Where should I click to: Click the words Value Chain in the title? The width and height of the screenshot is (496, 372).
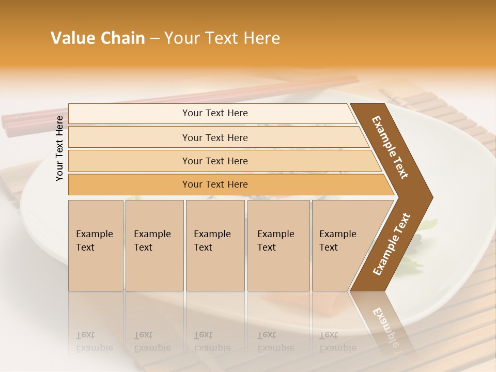click(x=98, y=38)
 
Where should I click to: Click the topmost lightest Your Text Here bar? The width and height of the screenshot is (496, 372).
click(x=214, y=113)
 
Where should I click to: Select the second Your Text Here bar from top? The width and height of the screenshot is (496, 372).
click(x=214, y=137)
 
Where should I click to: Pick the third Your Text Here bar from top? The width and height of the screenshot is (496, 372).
click(x=214, y=161)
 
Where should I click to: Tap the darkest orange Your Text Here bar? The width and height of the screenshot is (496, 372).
click(x=214, y=184)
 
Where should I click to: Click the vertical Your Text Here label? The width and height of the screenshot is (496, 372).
click(x=59, y=148)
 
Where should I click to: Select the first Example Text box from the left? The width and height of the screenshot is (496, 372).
click(x=96, y=245)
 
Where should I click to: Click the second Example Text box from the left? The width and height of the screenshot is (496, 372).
click(x=154, y=245)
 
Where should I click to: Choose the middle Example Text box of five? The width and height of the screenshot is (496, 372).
click(x=215, y=245)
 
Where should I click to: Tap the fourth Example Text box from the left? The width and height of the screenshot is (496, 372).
click(x=278, y=245)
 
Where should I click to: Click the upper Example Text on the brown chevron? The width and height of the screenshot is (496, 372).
click(x=391, y=147)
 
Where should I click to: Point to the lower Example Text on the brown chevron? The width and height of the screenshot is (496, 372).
click(x=392, y=244)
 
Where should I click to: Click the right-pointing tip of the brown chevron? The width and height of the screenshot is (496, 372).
click(x=430, y=197)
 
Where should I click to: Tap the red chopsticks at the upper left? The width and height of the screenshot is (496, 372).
click(x=31, y=121)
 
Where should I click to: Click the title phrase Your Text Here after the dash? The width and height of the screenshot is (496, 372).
click(x=222, y=38)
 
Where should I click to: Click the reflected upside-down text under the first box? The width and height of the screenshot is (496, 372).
click(x=94, y=341)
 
